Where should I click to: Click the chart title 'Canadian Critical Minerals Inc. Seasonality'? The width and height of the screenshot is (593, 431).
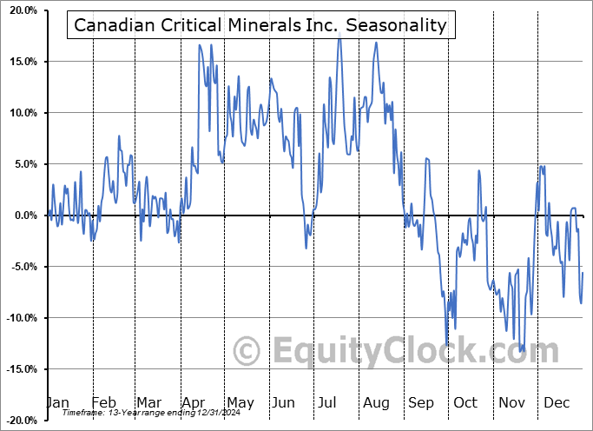pyautogui.click(x=260, y=25)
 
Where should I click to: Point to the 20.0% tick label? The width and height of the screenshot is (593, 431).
pyautogui.click(x=20, y=10)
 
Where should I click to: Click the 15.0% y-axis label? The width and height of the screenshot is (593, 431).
pyautogui.click(x=20, y=62)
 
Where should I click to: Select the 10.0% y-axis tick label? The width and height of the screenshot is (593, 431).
pyautogui.click(x=20, y=113)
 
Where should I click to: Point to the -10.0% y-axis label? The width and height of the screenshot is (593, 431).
pyautogui.click(x=18, y=318)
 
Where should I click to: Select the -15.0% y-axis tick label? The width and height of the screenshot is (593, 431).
pyautogui.click(x=18, y=369)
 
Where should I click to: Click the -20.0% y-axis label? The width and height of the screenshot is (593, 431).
pyautogui.click(x=18, y=421)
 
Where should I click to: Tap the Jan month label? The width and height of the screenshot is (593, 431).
pyautogui.click(x=56, y=402)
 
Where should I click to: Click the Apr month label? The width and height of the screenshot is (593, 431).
pyautogui.click(x=194, y=402)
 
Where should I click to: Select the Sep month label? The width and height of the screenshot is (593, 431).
pyautogui.click(x=422, y=402)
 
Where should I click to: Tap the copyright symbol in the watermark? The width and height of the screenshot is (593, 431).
pyautogui.click(x=248, y=351)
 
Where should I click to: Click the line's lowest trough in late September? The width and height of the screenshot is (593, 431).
pyautogui.click(x=448, y=346)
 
